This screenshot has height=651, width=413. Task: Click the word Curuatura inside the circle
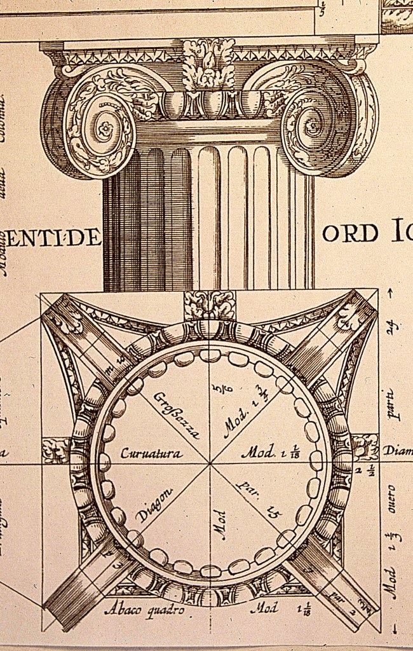point(152,454)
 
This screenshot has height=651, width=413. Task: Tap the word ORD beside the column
point(350,234)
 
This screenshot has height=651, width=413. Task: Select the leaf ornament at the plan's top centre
point(209,305)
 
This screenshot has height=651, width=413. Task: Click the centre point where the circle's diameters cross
point(210,463)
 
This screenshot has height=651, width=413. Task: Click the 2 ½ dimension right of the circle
point(367,470)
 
